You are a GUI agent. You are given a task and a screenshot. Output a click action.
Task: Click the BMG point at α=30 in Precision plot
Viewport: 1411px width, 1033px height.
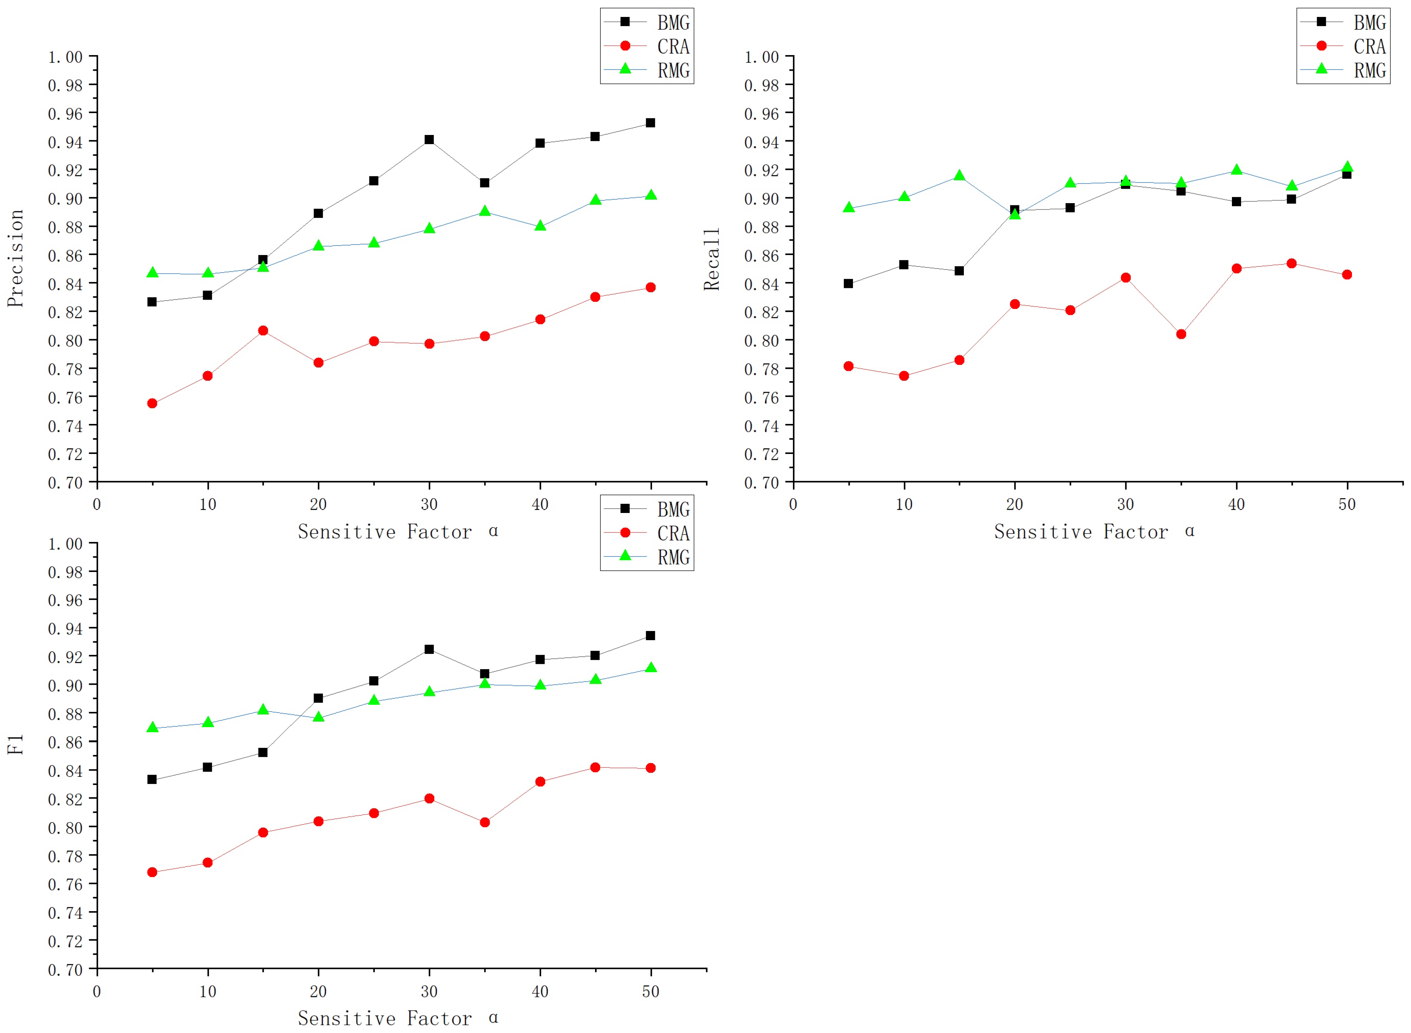[429, 140]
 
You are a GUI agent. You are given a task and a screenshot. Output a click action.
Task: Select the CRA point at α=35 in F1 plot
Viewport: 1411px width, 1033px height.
[485, 822]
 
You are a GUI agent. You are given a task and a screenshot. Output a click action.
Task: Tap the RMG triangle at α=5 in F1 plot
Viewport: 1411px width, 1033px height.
[152, 727]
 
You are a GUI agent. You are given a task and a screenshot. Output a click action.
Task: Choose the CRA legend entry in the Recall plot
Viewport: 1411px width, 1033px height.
[1369, 46]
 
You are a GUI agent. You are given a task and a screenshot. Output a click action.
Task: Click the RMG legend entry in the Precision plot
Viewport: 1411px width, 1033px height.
[673, 71]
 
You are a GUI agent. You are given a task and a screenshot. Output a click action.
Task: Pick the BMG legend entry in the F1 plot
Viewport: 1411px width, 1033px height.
[673, 510]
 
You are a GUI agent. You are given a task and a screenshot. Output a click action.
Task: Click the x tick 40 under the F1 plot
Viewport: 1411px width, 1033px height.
[540, 991]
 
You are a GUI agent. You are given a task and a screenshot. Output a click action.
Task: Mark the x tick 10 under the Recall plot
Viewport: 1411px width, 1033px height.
[903, 504]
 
